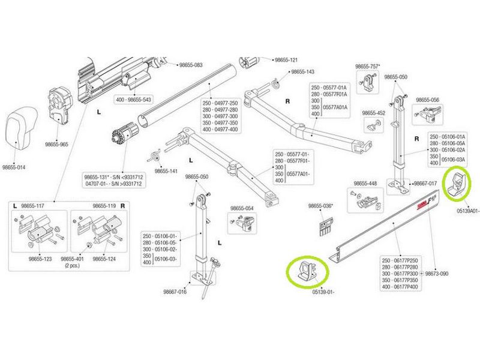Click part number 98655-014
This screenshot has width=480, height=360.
point(14,167)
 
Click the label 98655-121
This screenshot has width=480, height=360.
point(286,60)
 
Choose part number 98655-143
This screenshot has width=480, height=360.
point(302,71)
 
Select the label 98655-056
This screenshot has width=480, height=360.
point(428,100)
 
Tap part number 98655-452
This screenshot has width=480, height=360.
point(373,113)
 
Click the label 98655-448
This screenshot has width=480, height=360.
point(365,183)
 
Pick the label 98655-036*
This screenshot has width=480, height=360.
point(320,206)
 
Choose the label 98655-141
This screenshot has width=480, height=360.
point(166,171)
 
